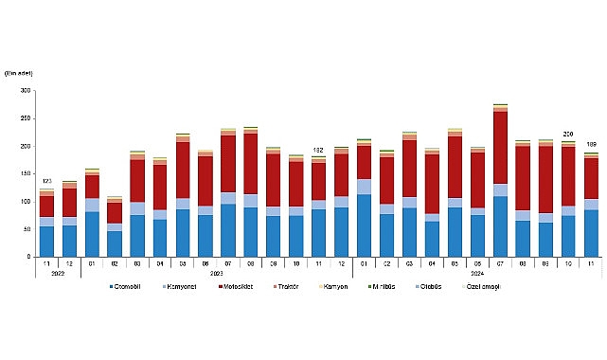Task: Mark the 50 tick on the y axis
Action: click(x=26, y=228)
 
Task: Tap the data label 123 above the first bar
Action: click(x=45, y=181)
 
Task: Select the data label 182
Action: click(x=319, y=150)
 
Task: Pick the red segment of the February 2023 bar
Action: click(x=115, y=212)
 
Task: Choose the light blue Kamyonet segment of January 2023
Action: click(x=92, y=206)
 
